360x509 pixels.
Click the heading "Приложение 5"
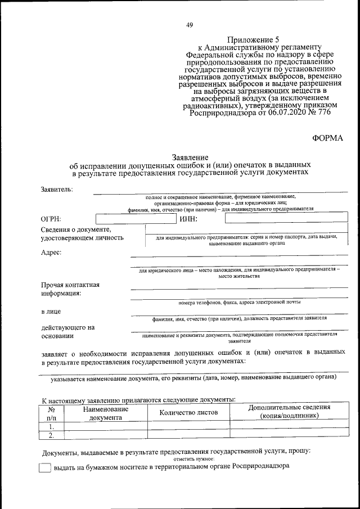(x=253, y=39)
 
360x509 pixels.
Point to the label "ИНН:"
(x=188, y=219)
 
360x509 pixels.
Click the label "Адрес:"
(x=51, y=252)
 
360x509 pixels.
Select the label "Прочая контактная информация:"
(x=70, y=289)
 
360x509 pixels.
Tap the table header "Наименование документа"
(x=106, y=413)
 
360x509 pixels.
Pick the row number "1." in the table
(x=52, y=426)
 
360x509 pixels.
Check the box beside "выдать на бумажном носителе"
(x=45, y=467)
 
